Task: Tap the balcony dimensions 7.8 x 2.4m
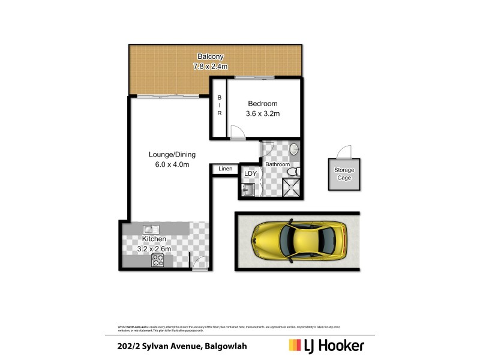coord(211,66)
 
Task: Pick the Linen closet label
coord(225,169)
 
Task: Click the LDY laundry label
coord(250,173)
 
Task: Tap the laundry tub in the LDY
coord(248,190)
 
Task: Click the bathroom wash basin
coord(294,149)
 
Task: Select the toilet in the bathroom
coord(293,173)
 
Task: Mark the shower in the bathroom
coord(293,189)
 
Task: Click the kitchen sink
coord(150,229)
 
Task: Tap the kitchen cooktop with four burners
coord(158,260)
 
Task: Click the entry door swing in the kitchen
coord(199,262)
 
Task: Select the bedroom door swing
coord(238,133)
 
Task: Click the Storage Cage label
coord(344,174)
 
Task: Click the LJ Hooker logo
coord(326,345)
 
